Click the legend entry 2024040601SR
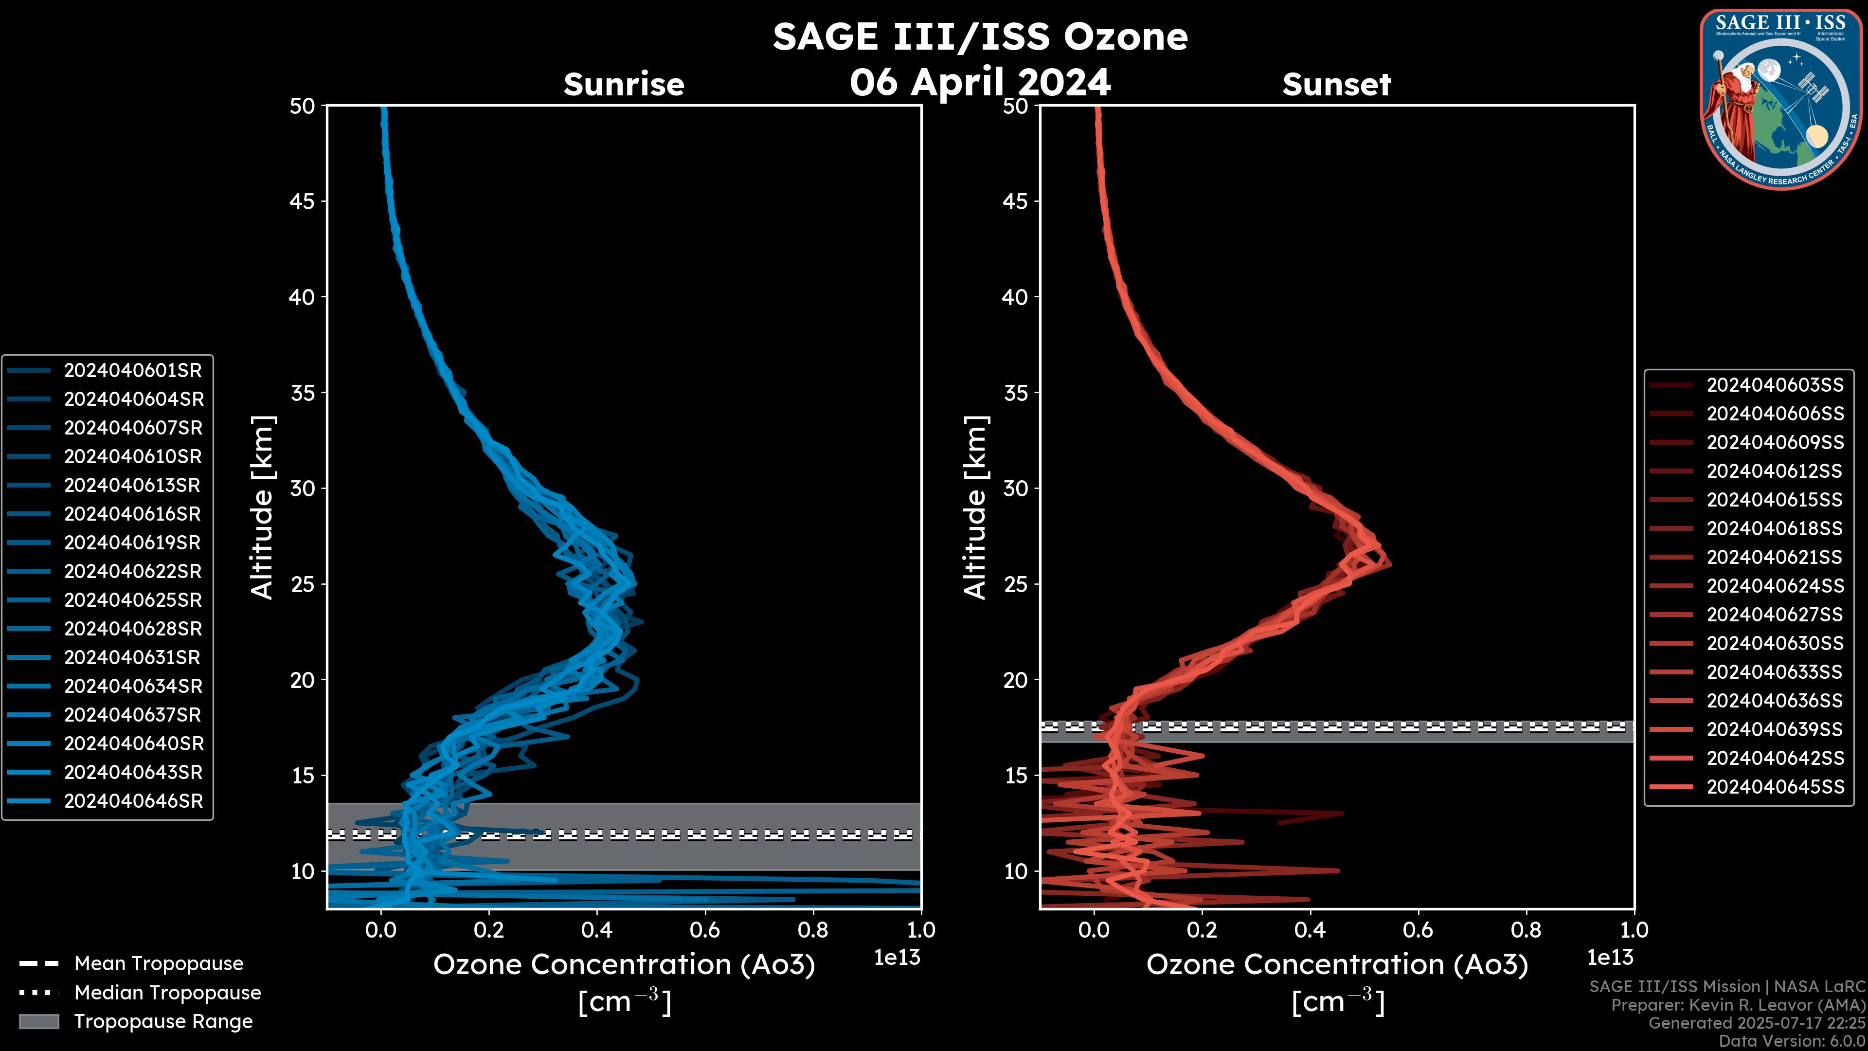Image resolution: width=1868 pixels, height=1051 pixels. (x=133, y=371)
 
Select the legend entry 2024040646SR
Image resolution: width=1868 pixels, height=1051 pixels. (x=133, y=801)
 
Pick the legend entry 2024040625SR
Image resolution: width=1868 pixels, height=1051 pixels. (x=133, y=600)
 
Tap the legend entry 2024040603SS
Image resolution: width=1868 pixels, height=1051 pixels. (x=1775, y=385)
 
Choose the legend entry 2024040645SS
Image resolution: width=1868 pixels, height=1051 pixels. (x=1775, y=787)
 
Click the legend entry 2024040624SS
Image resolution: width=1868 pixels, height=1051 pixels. (x=1775, y=586)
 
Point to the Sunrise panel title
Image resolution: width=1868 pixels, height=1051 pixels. (x=624, y=85)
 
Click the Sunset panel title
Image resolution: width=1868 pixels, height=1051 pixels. (x=1336, y=85)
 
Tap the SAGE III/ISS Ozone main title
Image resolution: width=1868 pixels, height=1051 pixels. (x=980, y=37)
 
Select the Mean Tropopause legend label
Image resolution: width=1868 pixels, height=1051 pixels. (x=159, y=964)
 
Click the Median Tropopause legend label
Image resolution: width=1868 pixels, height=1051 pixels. (x=167, y=993)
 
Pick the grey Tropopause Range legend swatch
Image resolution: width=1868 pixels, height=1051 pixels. (x=38, y=1022)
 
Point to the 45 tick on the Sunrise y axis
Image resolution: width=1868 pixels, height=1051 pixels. (x=303, y=201)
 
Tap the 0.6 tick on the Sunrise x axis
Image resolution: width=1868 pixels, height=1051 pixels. (x=705, y=930)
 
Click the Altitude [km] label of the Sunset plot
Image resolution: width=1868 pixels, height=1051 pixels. (x=975, y=507)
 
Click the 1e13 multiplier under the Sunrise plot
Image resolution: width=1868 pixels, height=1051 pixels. (x=897, y=958)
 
